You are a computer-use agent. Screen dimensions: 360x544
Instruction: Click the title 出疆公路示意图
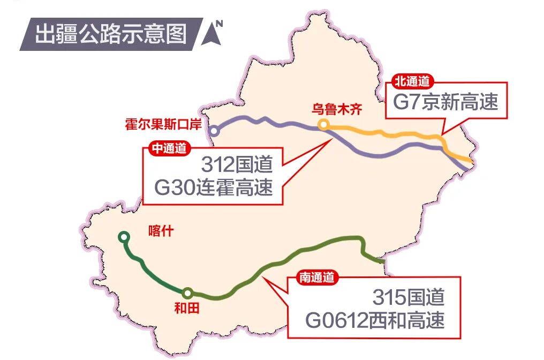pyautogui.click(x=111, y=33)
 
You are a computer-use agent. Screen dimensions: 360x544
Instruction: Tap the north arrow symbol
pyautogui.click(x=213, y=34)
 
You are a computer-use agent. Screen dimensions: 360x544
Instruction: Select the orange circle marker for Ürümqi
pyautogui.click(x=323, y=125)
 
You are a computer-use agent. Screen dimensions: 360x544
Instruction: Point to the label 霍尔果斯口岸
pyautogui.click(x=163, y=125)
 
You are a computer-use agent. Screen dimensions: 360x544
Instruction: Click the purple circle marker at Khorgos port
pyautogui.click(x=214, y=130)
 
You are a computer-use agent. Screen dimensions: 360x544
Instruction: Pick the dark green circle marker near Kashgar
pyautogui.click(x=124, y=236)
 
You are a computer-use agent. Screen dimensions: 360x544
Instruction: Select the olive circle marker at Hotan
pyautogui.click(x=187, y=293)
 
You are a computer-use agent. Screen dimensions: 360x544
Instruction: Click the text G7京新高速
pyautogui.click(x=445, y=101)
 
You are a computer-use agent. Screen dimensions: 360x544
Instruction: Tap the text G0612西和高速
pyautogui.click(x=375, y=320)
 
